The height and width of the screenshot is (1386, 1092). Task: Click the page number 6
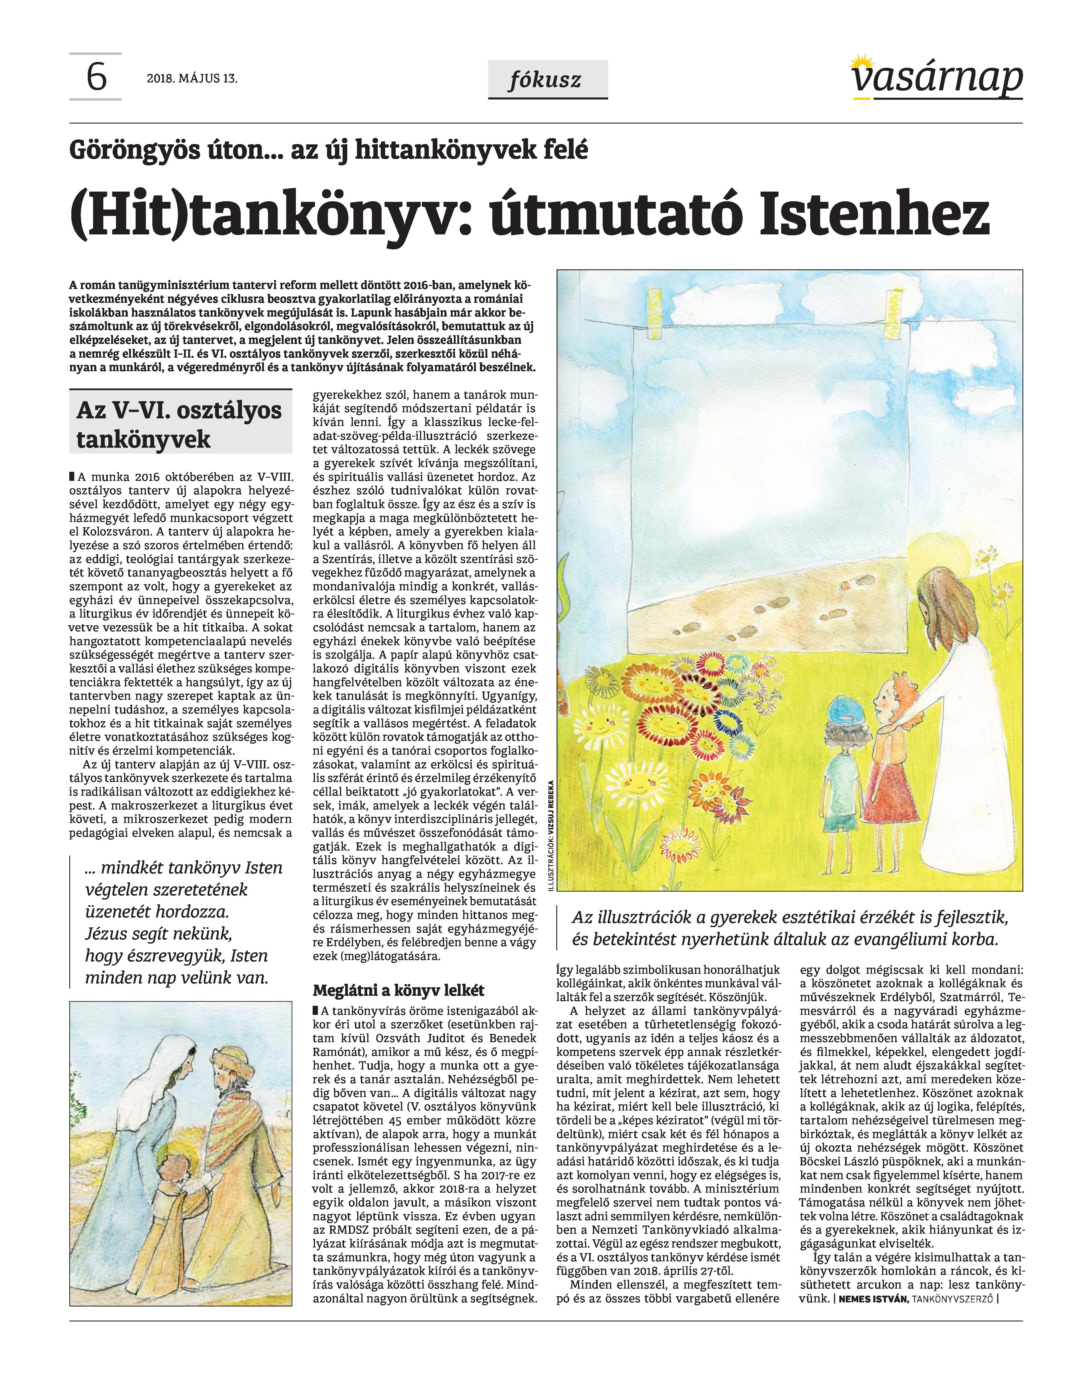[96, 79]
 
